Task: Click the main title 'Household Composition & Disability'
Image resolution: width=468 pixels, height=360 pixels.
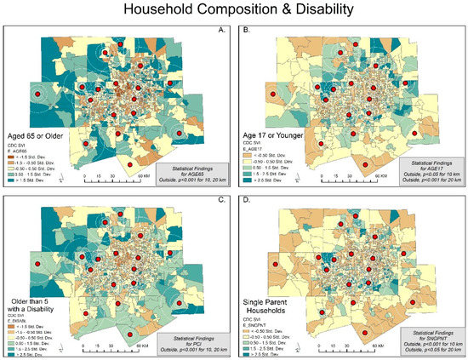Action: point(233,10)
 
